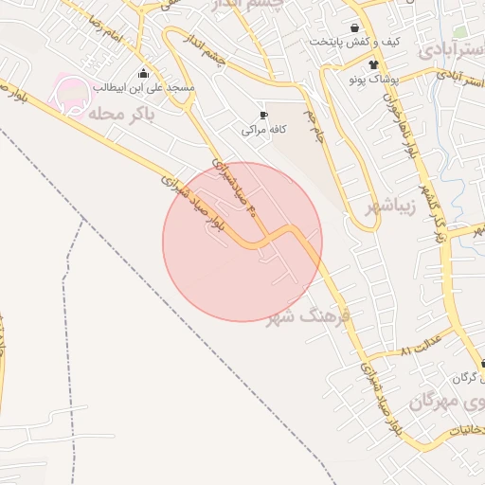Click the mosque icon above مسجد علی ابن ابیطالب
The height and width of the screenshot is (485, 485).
[x=143, y=72]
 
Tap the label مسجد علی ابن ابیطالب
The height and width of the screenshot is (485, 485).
[x=144, y=87]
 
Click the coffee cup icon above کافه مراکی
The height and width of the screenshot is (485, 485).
[x=262, y=113]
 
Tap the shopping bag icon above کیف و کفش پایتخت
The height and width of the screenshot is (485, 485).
[x=354, y=27]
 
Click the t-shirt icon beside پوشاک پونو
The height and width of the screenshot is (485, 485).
[x=373, y=65]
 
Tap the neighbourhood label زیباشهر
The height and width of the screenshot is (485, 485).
[x=386, y=207]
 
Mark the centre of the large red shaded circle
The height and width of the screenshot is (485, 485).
[x=242, y=242]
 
